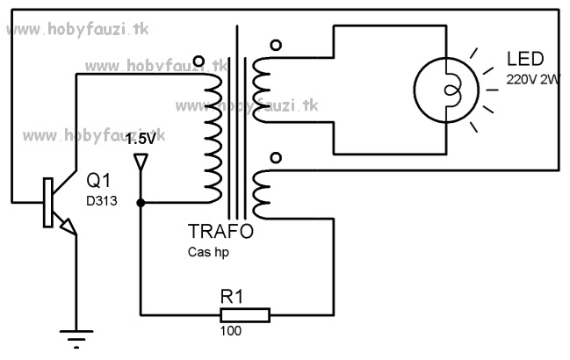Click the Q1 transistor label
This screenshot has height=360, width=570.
pyautogui.click(x=98, y=182)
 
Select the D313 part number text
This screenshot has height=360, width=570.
pyautogui.click(x=103, y=201)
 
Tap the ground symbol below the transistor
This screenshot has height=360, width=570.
pyautogui.click(x=73, y=334)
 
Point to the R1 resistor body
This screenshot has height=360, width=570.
pyautogui.click(x=245, y=314)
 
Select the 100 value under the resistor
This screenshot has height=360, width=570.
pyautogui.click(x=232, y=333)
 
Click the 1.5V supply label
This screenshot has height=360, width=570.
pyautogui.click(x=141, y=139)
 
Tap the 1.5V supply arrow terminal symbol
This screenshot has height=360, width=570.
pyautogui.click(x=141, y=162)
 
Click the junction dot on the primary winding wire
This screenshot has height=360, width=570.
pyautogui.click(x=141, y=202)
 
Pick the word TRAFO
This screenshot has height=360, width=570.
pyautogui.click(x=220, y=233)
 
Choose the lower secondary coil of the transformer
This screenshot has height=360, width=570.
pyautogui.click(x=262, y=195)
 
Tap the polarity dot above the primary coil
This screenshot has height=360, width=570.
pyautogui.click(x=197, y=61)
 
